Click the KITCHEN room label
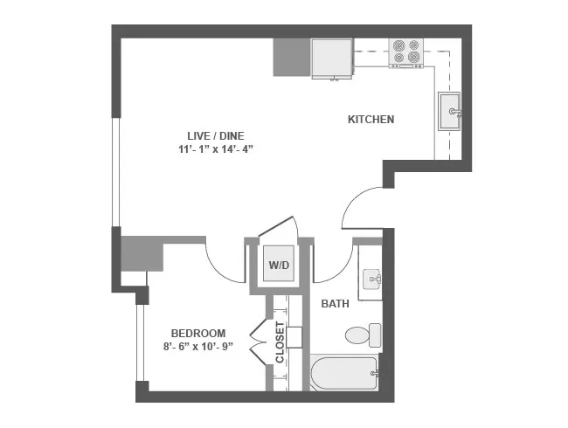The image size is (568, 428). pos(371,120)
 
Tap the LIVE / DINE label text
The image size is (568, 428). pos(215,135)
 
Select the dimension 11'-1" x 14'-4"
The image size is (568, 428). pos(215,148)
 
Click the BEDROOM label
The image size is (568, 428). pos(198,333)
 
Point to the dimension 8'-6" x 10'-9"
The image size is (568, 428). pos(198,348)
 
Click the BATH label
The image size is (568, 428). pos(336,304)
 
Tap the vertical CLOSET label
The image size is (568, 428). pos(280,342)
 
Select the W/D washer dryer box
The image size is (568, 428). pos(279,264)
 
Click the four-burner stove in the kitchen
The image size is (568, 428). pos(405,52)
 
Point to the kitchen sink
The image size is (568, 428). pos(451,111)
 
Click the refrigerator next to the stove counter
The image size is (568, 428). pos(332,59)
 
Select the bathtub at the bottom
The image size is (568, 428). pos(344,374)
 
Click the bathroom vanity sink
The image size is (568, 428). pos(372,280)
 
